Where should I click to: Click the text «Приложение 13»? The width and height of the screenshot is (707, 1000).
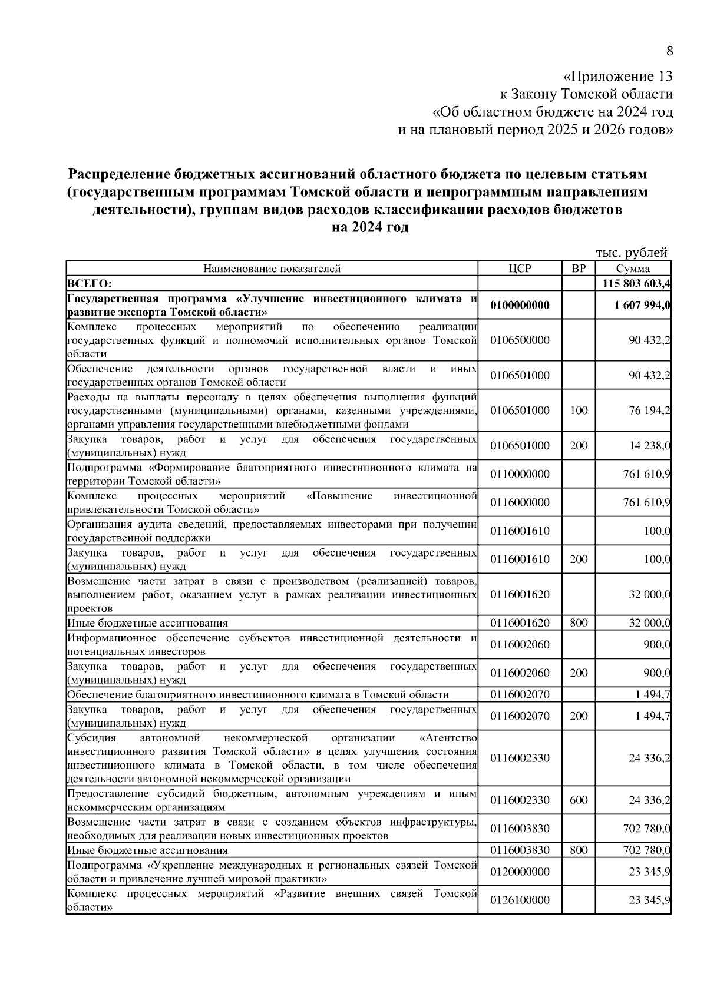617,77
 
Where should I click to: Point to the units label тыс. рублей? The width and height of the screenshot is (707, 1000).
631,253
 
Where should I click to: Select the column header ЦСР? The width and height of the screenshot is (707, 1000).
519,269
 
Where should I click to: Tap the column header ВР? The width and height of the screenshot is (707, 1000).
579,269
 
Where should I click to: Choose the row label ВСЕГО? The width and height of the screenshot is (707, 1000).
86,284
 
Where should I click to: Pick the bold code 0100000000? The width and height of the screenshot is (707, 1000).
519,305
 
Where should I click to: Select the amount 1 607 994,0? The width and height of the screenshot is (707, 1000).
642,305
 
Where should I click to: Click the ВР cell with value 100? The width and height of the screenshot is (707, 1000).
579,410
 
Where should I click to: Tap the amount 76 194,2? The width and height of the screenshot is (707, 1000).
649,410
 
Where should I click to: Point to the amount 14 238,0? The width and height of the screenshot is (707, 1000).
649,446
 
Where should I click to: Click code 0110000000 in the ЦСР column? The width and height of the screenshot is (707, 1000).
519,474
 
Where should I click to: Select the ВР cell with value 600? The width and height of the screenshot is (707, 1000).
579,800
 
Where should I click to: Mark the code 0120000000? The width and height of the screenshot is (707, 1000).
519,872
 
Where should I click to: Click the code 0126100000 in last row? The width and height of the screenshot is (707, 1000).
519,900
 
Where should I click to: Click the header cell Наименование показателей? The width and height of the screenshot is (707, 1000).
272,269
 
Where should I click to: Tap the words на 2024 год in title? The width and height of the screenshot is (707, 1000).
370,228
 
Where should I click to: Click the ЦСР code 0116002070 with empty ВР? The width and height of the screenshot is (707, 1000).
519,694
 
